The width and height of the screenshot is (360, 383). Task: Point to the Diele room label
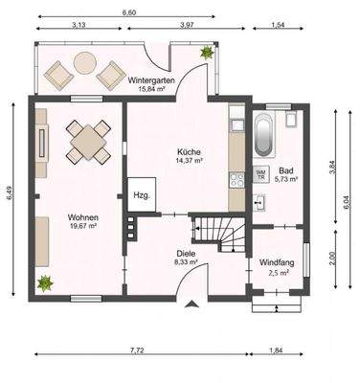tap(186, 253)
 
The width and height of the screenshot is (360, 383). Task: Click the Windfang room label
tap(278, 262)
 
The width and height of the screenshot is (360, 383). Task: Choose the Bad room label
tap(286, 169)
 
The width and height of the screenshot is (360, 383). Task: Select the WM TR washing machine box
tap(260, 175)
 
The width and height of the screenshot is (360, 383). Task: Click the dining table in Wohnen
tap(87, 143)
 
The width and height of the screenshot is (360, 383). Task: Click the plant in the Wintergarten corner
tap(205, 55)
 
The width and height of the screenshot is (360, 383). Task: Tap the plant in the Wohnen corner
tap(44, 283)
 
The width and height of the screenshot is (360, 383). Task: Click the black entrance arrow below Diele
tap(195, 305)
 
